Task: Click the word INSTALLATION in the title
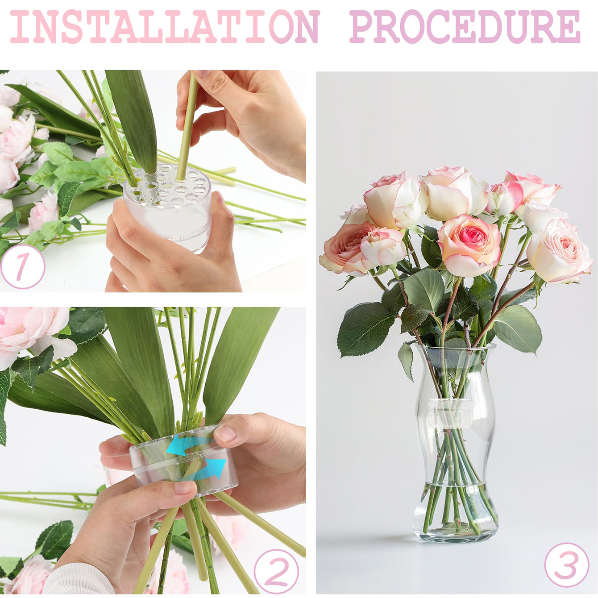164,27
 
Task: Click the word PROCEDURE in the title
465,27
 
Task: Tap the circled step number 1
22,266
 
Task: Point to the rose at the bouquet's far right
559,252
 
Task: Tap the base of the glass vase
455,533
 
